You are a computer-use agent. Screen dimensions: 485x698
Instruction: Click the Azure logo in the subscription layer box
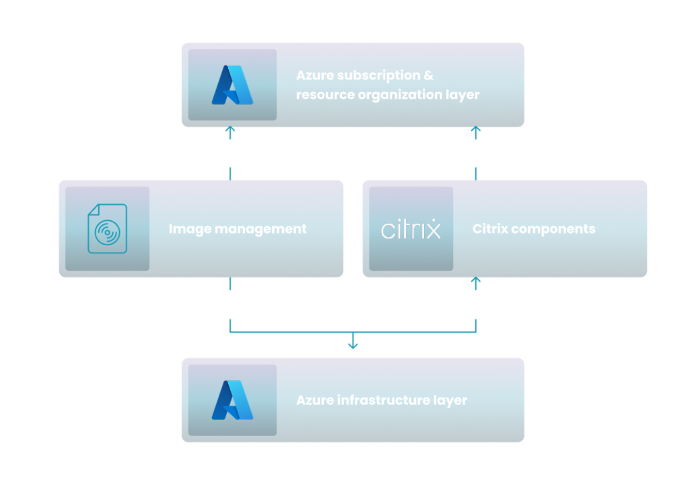[x=232, y=86]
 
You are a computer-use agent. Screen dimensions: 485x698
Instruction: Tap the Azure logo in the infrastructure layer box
[x=232, y=400]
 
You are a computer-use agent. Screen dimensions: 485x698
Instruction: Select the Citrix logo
[x=411, y=229]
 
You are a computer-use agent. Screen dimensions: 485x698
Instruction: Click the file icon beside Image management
[x=108, y=229]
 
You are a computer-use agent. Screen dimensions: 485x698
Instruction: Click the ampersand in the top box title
[x=429, y=75]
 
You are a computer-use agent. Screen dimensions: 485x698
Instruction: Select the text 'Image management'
[x=237, y=229]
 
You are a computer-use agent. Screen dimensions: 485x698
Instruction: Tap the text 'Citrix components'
[x=534, y=229]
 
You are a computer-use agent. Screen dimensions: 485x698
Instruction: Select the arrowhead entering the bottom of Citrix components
[x=476, y=280]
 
